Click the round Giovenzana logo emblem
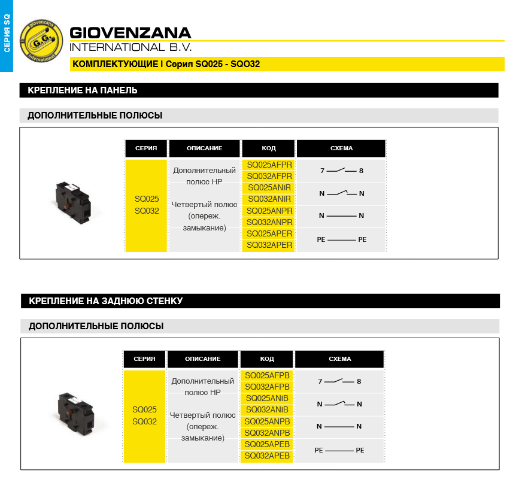tap(41, 41)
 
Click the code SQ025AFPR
tap(269, 165)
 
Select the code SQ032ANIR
tap(269, 199)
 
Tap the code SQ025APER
tap(269, 233)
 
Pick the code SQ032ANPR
tap(269, 222)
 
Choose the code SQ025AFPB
tap(267, 375)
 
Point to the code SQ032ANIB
tap(267, 410)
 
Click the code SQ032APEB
tap(267, 456)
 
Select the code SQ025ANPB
tap(267, 421)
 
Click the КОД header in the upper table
tap(269, 148)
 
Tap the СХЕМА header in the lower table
tap(339, 359)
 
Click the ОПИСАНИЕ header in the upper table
tap(204, 148)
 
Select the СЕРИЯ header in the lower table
tap(144, 359)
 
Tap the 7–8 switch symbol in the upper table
tap(341, 171)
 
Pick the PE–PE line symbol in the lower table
tap(339, 450)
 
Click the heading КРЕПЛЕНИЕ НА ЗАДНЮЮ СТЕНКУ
tap(106, 301)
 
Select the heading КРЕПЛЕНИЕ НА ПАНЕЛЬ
tap(83, 90)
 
